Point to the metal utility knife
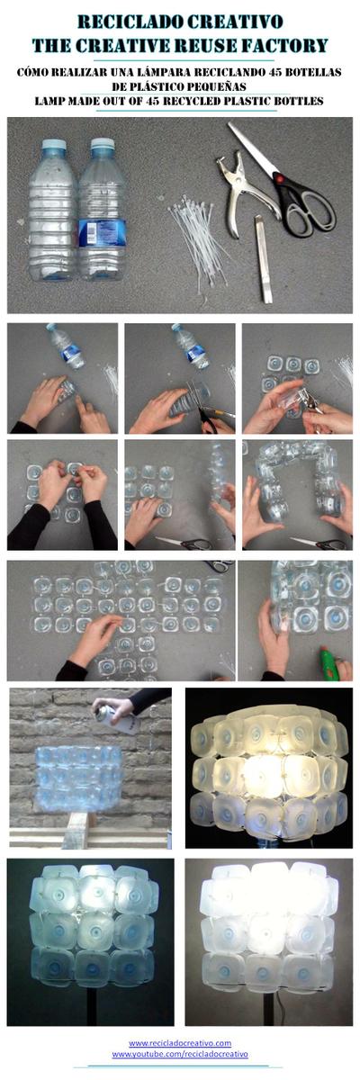(x=263, y=258)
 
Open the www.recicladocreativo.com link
(x=180, y=1043)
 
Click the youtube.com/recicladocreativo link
(x=180, y=1054)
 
